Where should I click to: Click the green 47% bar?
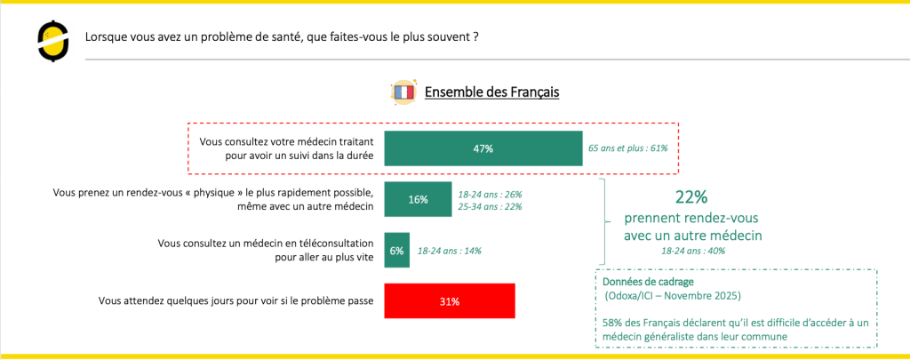(x=483, y=148)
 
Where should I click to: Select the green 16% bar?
(x=418, y=199)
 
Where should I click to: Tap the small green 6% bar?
(x=397, y=251)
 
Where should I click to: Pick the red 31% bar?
(x=450, y=300)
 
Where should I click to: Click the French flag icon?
(x=403, y=92)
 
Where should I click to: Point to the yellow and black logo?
(x=52, y=40)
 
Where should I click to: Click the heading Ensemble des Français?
(x=492, y=92)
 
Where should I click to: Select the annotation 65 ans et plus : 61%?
(x=628, y=148)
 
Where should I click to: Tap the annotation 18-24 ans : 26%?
(x=491, y=194)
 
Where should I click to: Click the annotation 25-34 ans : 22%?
(x=491, y=206)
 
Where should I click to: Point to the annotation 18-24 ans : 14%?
(x=449, y=251)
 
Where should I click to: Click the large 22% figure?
(x=691, y=197)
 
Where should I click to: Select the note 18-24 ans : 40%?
(x=693, y=251)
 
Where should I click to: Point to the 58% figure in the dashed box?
(x=613, y=324)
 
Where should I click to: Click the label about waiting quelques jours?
(x=235, y=300)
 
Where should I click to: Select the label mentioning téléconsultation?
(x=265, y=250)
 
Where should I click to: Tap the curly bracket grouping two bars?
(x=604, y=221)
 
